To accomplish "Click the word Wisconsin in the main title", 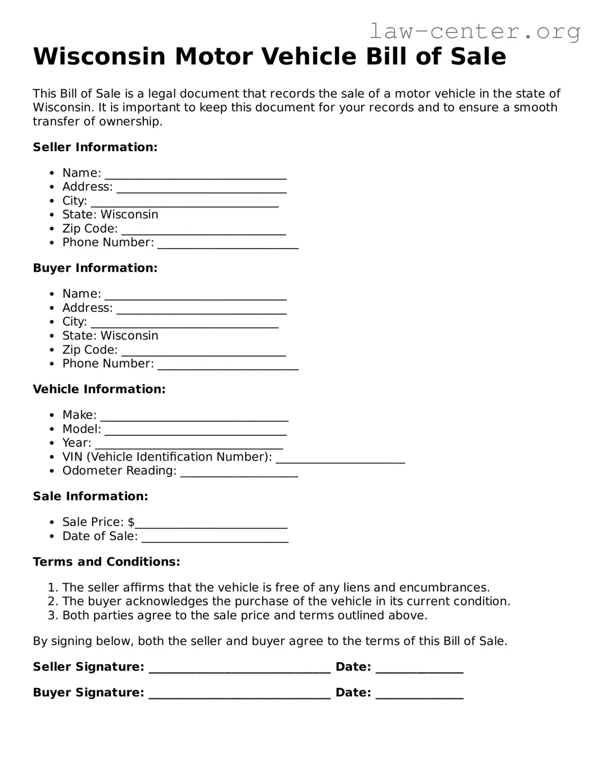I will (99, 57).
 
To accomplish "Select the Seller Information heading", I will (95, 147).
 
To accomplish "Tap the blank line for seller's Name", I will (196, 174).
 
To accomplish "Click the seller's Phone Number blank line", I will (228, 244).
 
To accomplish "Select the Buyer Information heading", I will (95, 268).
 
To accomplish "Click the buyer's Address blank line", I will (201, 309).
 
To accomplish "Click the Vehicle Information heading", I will (99, 389).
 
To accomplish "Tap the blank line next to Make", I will (194, 417).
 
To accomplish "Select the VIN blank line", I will (340, 458).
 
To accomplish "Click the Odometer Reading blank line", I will (239, 472).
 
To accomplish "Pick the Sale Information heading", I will (90, 496).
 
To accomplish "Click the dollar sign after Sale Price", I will (131, 522).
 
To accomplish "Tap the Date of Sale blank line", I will (215, 538).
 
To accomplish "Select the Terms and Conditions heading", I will (106, 561).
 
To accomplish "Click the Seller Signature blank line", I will (239, 668).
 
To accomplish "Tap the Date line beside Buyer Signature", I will (419, 694).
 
